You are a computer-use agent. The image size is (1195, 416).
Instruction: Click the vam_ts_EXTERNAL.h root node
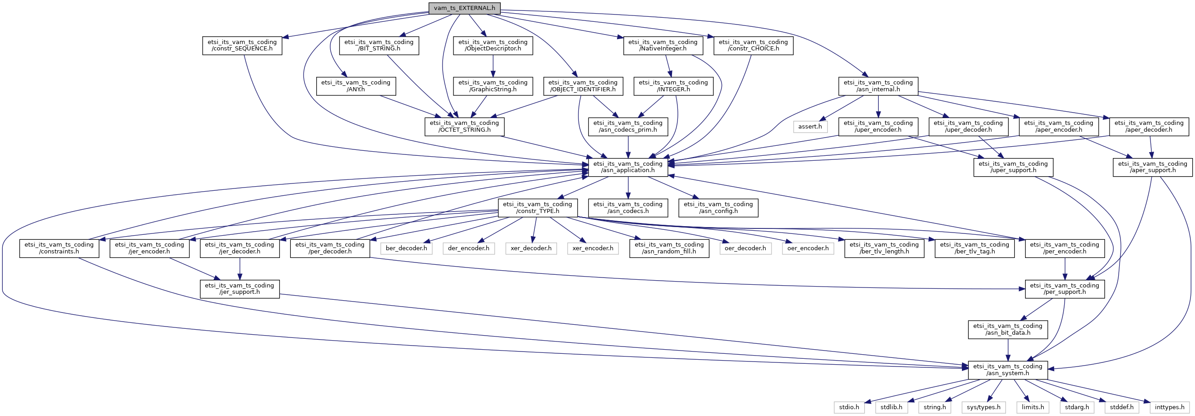[464, 8]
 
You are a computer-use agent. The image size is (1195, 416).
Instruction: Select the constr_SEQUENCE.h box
[242, 45]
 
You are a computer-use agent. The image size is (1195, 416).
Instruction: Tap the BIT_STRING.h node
[379, 45]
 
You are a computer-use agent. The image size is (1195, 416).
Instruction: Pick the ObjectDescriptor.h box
[493, 45]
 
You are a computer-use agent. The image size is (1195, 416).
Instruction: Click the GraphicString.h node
[493, 86]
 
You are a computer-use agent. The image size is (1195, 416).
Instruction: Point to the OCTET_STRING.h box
[464, 126]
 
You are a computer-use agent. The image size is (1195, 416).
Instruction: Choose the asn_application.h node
[627, 167]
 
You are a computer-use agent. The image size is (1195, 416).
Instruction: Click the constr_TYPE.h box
[537, 207]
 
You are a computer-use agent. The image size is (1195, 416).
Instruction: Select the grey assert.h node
[810, 126]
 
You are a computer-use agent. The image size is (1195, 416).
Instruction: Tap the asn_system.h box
[1008, 370]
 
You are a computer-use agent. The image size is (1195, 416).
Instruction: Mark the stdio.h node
[849, 407]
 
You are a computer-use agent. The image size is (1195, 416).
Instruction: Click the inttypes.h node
[1170, 407]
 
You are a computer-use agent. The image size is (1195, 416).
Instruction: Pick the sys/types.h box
[983, 407]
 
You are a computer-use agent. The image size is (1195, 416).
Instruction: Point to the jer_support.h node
[239, 288]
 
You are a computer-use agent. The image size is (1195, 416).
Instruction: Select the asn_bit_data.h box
[1008, 329]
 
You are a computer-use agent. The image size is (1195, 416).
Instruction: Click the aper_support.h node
[1152, 167]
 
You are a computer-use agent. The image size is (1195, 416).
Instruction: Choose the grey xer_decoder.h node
[531, 248]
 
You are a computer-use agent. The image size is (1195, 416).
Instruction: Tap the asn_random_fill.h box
[669, 248]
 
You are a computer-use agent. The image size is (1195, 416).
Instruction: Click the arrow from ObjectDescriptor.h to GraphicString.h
[493, 66]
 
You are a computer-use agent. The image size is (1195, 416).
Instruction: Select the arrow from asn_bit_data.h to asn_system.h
[1008, 350]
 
